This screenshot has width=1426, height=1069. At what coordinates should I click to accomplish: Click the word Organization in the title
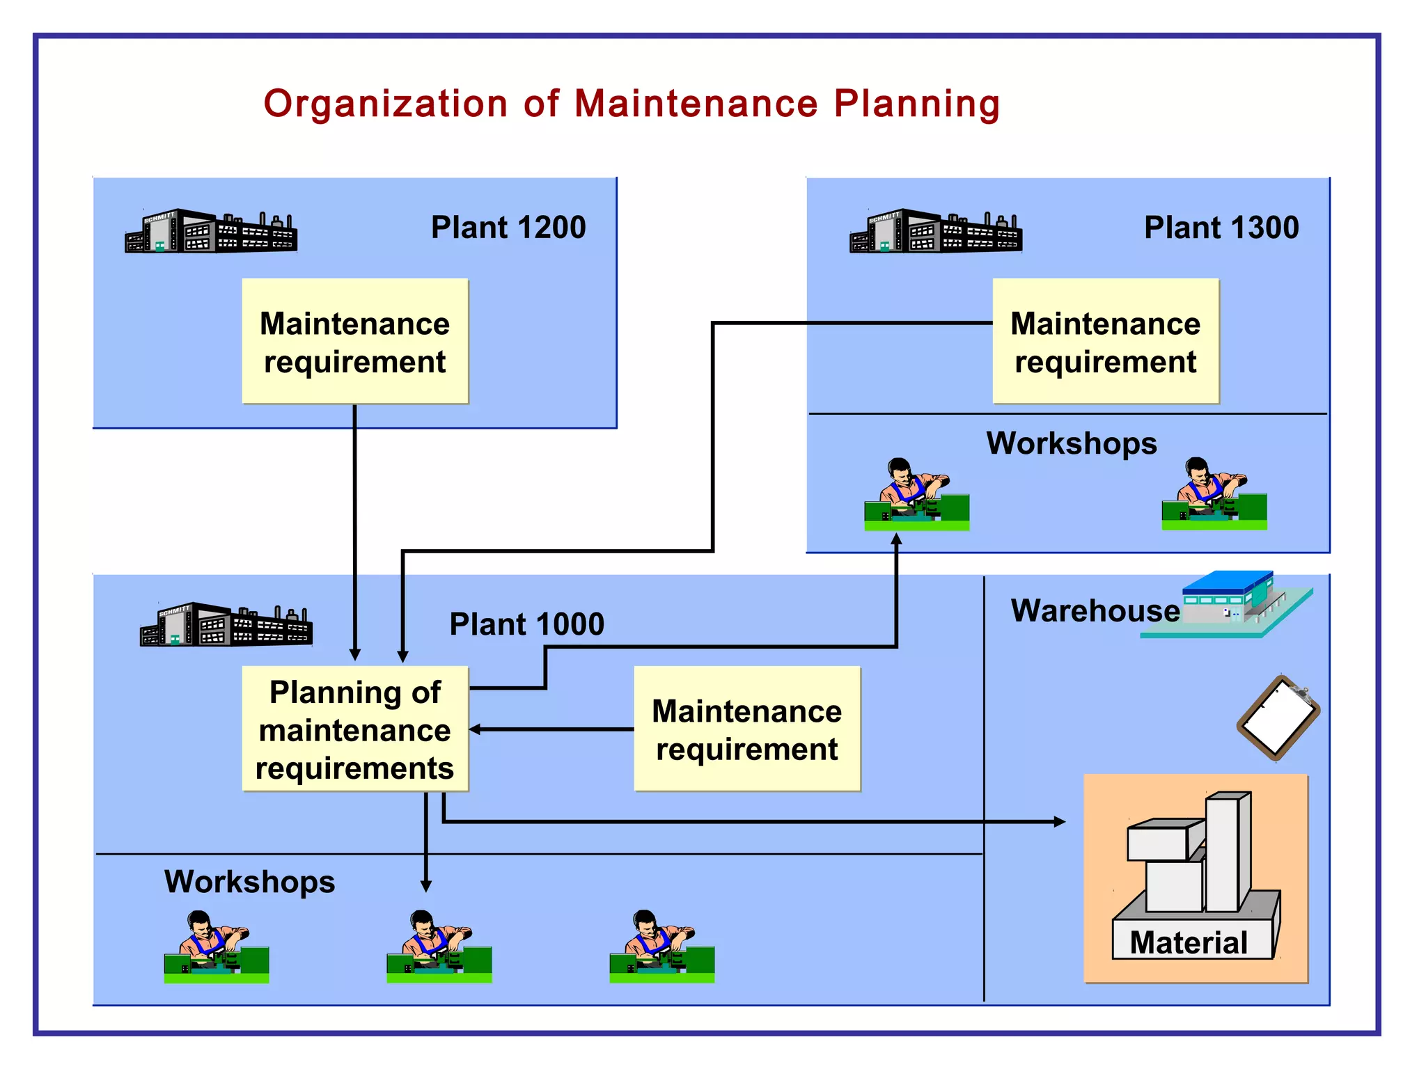click(x=386, y=104)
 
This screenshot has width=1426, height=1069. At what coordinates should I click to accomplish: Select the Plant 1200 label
click(x=508, y=228)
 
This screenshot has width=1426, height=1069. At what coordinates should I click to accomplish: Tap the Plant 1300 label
click(x=1221, y=228)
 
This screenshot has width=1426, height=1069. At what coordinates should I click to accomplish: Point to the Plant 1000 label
click(x=526, y=624)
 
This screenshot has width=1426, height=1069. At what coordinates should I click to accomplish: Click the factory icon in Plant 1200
click(x=211, y=232)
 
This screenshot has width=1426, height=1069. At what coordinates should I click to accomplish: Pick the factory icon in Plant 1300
click(x=936, y=232)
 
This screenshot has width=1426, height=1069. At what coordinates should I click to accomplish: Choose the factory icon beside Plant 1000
click(x=226, y=625)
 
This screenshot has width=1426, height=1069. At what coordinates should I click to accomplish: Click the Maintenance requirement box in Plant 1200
click(x=355, y=341)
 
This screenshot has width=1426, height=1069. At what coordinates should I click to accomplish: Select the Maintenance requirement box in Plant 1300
click(x=1106, y=341)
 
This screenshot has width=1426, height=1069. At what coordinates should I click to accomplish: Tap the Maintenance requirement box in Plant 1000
click(x=747, y=729)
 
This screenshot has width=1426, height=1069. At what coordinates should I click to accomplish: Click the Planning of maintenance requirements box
click(x=355, y=729)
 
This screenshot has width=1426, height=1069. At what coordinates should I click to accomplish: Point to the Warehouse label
click(x=1095, y=611)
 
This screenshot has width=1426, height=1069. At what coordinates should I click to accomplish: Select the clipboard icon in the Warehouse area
click(x=1278, y=718)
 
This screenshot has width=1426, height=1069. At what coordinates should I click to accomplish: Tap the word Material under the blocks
click(x=1189, y=943)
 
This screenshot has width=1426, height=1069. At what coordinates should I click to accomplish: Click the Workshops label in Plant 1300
click(x=1072, y=444)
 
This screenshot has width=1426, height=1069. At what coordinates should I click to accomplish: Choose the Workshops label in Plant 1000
click(x=249, y=882)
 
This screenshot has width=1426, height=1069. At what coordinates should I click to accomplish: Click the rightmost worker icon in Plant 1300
click(x=1214, y=494)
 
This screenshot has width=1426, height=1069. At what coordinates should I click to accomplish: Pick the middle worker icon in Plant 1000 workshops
click(x=439, y=947)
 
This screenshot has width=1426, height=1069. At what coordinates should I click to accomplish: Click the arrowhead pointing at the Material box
click(x=1060, y=822)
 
